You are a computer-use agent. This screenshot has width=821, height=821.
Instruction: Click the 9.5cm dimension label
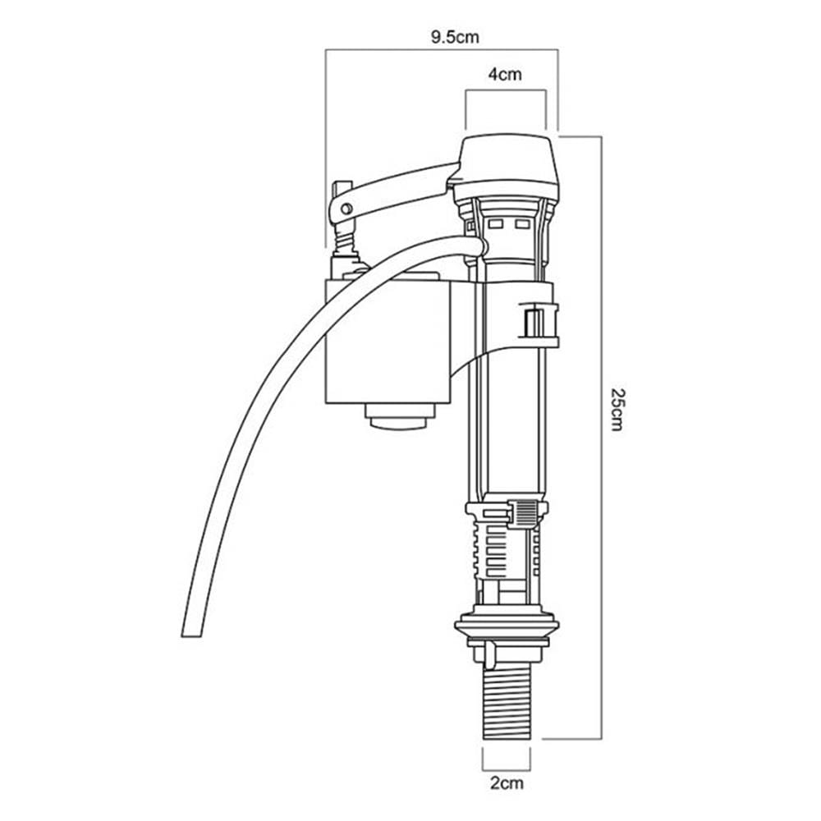point(455,37)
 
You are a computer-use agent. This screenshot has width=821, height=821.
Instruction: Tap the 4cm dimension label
point(505,75)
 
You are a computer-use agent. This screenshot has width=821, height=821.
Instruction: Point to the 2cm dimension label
point(507,783)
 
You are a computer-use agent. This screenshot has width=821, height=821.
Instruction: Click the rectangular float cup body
point(388,342)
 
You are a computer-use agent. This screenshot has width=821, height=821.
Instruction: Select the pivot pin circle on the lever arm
point(346,209)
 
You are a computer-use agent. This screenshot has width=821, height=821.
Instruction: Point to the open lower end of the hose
point(191,634)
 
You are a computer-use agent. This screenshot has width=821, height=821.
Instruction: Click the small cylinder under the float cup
point(400,416)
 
